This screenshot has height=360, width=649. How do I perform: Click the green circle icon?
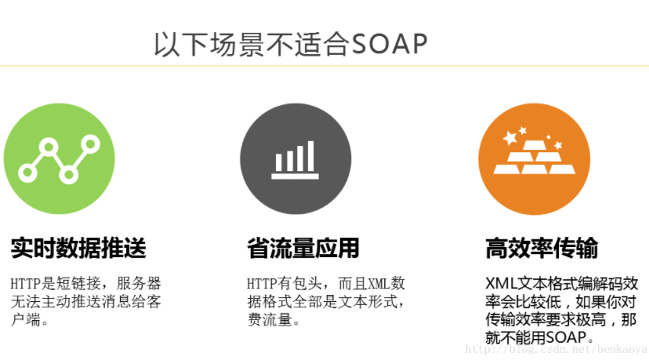pyautogui.click(x=60, y=158)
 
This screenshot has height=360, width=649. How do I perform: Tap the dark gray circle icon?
pyautogui.click(x=295, y=158)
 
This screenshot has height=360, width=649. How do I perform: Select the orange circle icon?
pyautogui.click(x=534, y=158)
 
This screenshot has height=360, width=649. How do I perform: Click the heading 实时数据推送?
pyautogui.click(x=78, y=249)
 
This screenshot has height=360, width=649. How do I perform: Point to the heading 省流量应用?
pyautogui.click(x=303, y=249)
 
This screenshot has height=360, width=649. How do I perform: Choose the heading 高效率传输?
pyautogui.click(x=542, y=249)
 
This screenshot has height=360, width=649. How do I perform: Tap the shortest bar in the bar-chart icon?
pyautogui.click(x=278, y=162)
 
